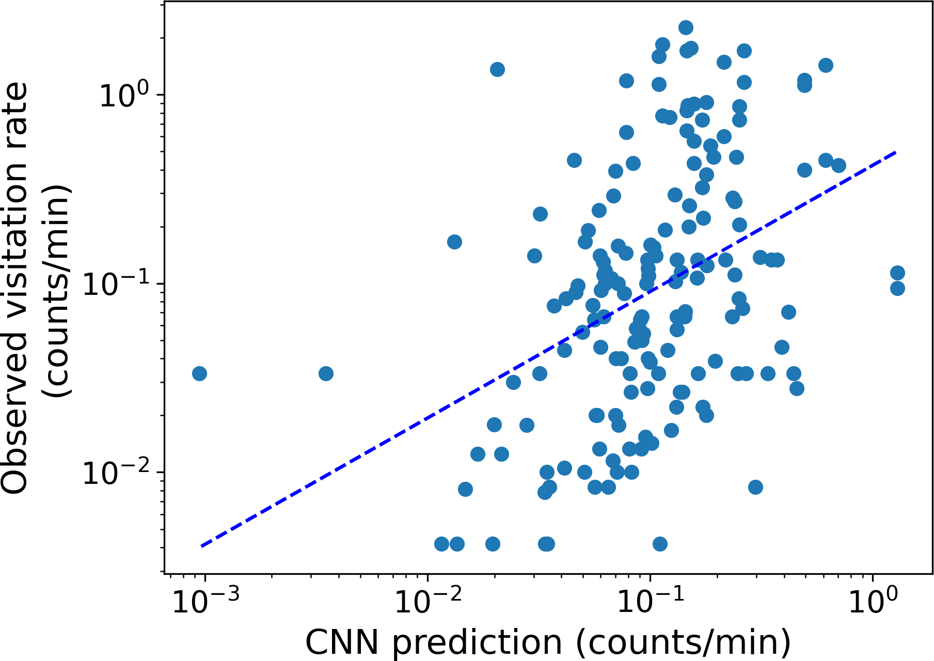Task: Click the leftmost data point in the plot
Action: coord(199,373)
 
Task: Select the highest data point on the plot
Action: coord(686,28)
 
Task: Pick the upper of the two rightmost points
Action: coord(897,273)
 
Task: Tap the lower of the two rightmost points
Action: coord(897,288)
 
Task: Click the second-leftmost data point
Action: coord(326,373)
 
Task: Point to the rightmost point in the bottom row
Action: coord(660,544)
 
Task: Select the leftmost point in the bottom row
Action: coord(441,544)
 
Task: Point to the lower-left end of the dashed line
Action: coord(201,546)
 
